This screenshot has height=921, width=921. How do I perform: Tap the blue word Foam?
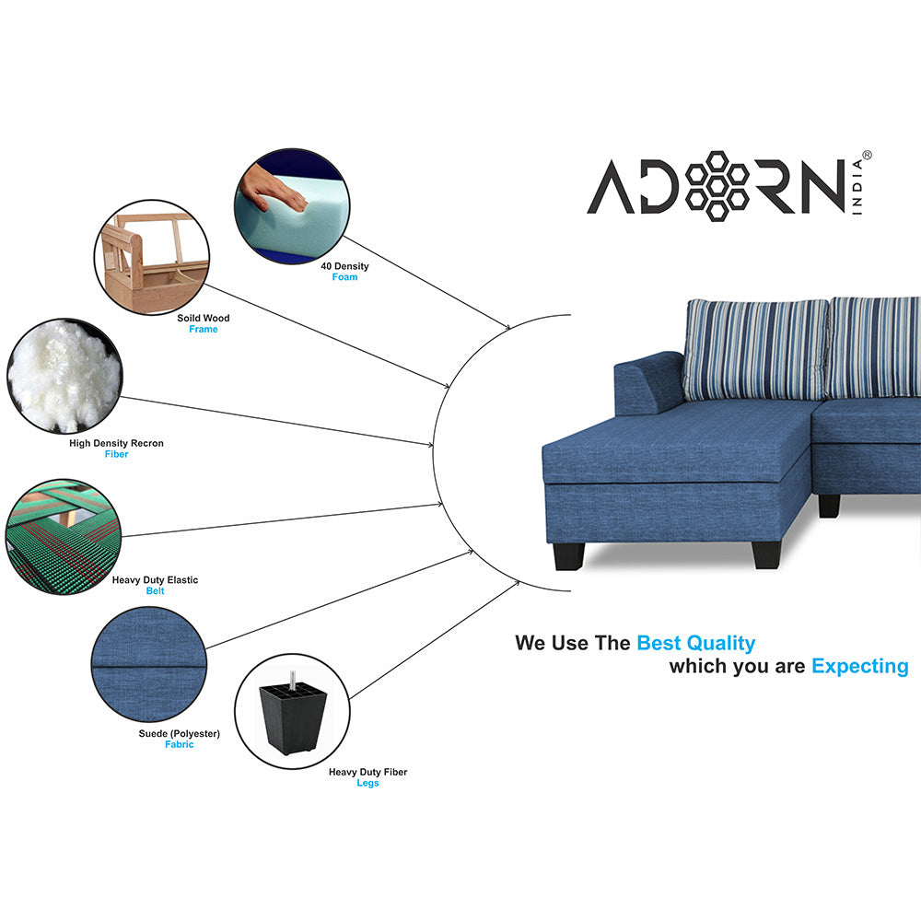pos(344,277)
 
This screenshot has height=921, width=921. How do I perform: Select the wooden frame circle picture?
pos(152,257)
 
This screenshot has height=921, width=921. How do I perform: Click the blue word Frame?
pos(204,329)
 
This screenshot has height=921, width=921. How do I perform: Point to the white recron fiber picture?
pos(64,376)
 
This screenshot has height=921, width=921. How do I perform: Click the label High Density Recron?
pos(116,443)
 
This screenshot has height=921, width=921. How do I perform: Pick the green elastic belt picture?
pos(64,536)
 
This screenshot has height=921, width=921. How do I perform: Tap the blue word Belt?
pos(155,591)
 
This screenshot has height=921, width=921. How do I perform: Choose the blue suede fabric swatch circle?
pos(149,664)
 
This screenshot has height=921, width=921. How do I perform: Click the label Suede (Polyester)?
pos(180,734)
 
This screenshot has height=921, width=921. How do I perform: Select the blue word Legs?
pos(367,783)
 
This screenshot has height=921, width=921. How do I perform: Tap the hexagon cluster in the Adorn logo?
pos(717,186)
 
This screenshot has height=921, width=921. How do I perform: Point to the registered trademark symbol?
pos(867,156)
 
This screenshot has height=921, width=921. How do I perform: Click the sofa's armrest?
pos(647,383)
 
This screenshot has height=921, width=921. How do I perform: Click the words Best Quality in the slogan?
pos(696,643)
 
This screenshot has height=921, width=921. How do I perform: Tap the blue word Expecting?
pos(860,667)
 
